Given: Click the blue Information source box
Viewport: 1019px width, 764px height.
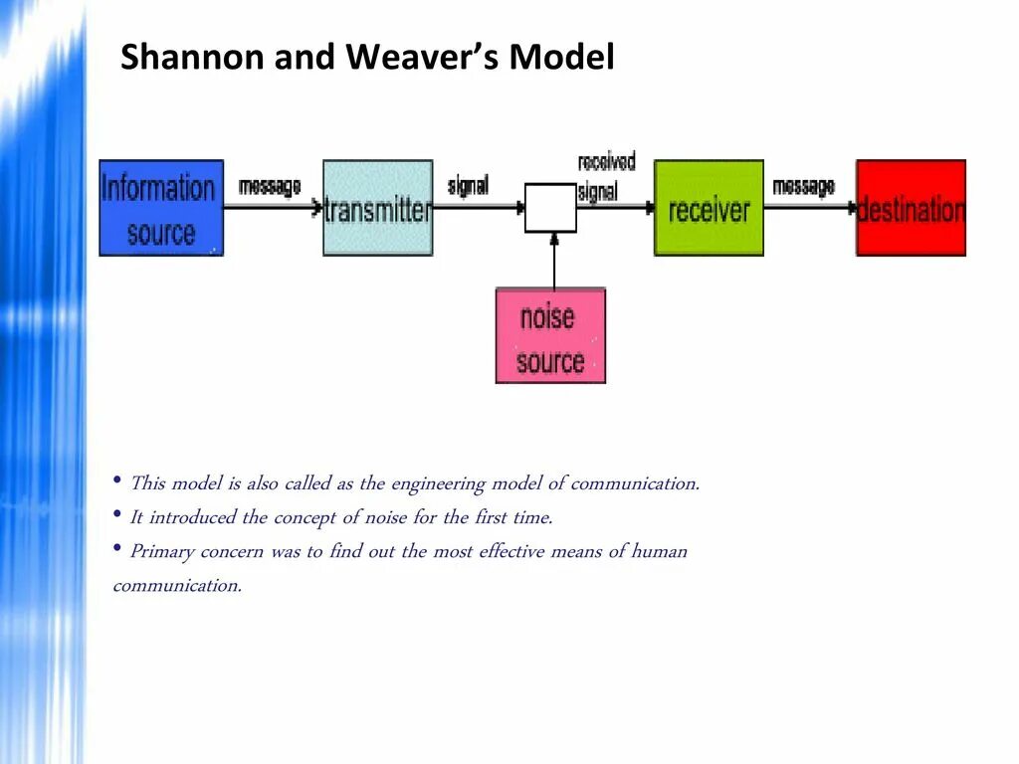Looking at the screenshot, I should [161, 208].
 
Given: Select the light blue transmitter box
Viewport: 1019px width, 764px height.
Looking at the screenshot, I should [378, 208].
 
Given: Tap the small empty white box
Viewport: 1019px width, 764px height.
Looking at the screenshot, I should [550, 208].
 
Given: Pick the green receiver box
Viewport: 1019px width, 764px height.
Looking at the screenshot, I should [709, 208].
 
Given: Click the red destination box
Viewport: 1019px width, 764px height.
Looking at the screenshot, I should [911, 208].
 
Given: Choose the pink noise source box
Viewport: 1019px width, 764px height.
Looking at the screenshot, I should [550, 335].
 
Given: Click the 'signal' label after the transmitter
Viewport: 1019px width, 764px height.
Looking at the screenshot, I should [468, 186].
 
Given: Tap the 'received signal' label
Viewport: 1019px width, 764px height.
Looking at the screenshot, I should [605, 177].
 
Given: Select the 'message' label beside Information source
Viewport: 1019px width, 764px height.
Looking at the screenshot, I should [269, 186].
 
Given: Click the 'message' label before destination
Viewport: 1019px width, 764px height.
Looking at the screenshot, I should [803, 186].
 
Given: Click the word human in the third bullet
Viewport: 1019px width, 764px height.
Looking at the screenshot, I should [660, 551].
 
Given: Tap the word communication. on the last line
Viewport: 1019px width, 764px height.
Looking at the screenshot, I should [177, 585].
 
